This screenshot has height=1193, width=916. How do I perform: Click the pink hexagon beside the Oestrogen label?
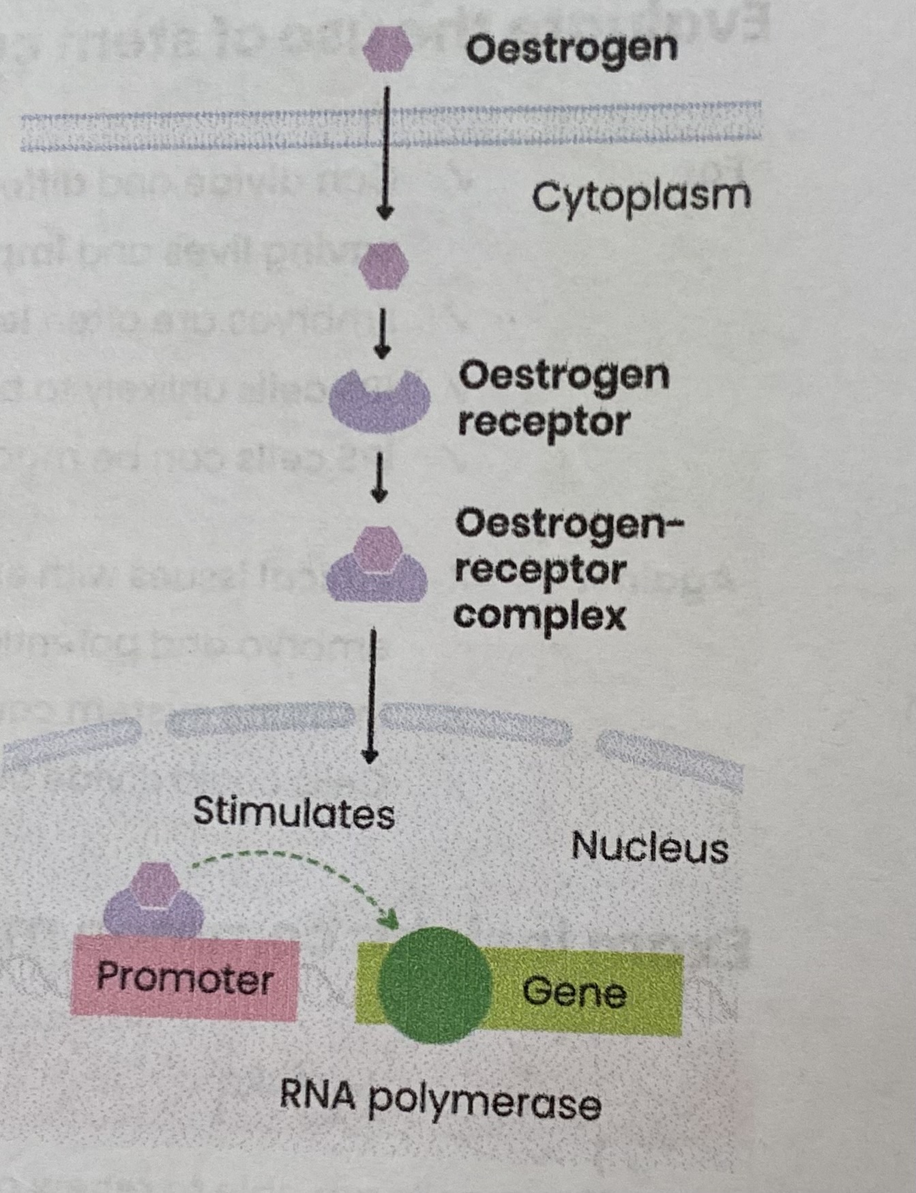coord(387,49)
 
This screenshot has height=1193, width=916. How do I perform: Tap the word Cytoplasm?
coord(640,197)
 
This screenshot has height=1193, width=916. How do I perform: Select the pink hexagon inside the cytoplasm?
coord(384,266)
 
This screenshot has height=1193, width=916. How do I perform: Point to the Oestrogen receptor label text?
coord(563,398)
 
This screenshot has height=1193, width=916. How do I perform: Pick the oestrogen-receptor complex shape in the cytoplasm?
coord(376,566)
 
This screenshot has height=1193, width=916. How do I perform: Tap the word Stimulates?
coord(294,813)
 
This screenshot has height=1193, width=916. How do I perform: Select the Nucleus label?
coord(649,848)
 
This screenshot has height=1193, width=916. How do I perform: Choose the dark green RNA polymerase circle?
coord(434,986)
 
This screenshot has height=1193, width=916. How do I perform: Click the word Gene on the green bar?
coord(574,992)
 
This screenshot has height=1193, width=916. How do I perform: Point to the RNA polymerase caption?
coord(440,1099)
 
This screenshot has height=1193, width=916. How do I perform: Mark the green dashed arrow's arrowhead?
coord(389,920)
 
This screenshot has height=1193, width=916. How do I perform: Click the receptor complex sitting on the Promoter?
coord(154,900)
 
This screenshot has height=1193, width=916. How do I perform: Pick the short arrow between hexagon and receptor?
coord(383,334)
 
